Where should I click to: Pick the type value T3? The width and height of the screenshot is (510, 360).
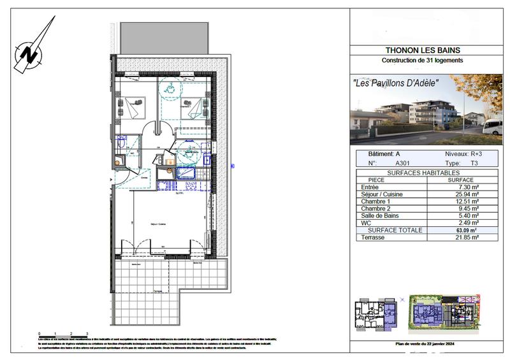[474, 163]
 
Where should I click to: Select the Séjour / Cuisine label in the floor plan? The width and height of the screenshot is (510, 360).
[157, 224]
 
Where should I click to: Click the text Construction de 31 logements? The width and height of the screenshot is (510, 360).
[422, 61]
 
